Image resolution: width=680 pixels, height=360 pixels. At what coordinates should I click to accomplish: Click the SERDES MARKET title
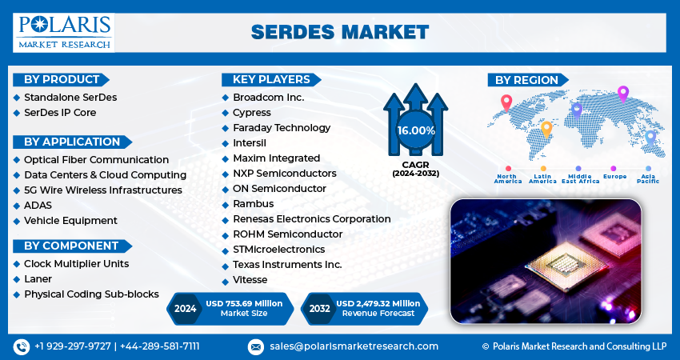pyautogui.click(x=339, y=31)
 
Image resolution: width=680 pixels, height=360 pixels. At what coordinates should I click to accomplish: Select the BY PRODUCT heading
pyautogui.click(x=62, y=79)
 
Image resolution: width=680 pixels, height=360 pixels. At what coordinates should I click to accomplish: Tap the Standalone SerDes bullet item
pyautogui.click(x=70, y=97)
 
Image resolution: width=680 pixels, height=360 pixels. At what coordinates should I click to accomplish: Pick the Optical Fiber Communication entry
pyautogui.click(x=96, y=160)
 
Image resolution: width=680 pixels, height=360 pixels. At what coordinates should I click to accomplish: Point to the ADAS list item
pyautogui.click(x=38, y=205)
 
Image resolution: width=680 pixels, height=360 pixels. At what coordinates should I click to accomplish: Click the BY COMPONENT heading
pyautogui.click(x=70, y=246)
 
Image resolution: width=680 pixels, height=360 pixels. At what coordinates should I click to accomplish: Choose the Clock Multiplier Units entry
pyautogui.click(x=76, y=263)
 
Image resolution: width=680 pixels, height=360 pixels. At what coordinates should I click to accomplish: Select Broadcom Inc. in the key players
pyautogui.click(x=268, y=97)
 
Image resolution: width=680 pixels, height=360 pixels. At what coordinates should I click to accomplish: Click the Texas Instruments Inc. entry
pyautogui.click(x=287, y=264)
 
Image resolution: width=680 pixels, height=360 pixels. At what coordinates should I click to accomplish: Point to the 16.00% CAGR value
pyautogui.click(x=415, y=130)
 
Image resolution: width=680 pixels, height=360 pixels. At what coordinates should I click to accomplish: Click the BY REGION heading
pyautogui.click(x=526, y=79)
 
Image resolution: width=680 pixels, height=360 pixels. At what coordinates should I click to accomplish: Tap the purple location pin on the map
pyautogui.click(x=623, y=93)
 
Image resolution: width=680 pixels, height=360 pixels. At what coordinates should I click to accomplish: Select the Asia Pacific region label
pyautogui.click(x=648, y=178)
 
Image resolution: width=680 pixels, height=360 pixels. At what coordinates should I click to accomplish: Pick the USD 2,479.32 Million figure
pyautogui.click(x=378, y=303)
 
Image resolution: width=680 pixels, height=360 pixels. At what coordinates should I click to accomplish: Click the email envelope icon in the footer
pyautogui.click(x=256, y=346)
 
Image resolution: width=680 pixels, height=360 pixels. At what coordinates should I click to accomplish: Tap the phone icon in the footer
pyautogui.click(x=22, y=346)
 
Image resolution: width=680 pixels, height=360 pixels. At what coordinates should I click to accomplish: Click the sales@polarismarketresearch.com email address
pyautogui.click(x=354, y=346)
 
